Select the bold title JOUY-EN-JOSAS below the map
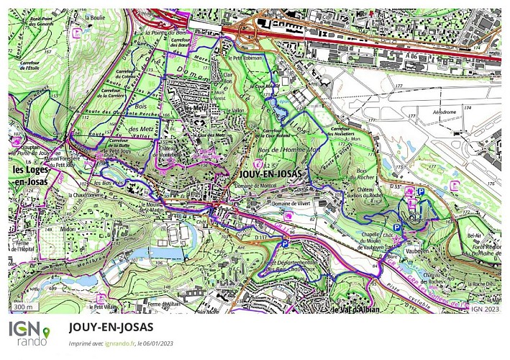(111, 327)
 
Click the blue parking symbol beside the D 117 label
(285, 244)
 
